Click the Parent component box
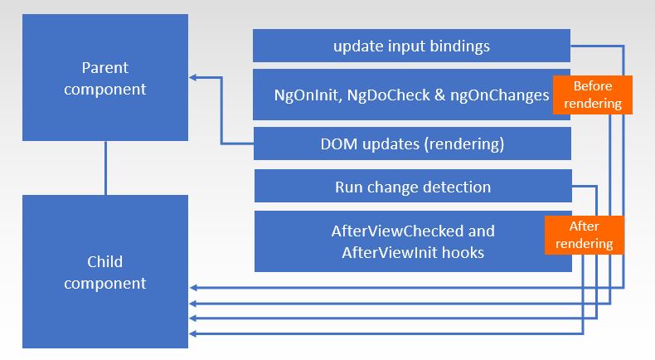(x=106, y=77)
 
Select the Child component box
(x=106, y=271)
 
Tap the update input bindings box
(x=411, y=46)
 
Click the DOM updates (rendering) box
(x=412, y=144)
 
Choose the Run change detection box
(x=413, y=187)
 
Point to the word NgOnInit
(x=303, y=95)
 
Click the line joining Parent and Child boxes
(x=106, y=168)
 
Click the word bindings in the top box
(x=461, y=46)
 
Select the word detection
(x=456, y=187)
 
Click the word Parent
(x=106, y=67)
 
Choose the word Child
(x=106, y=262)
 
